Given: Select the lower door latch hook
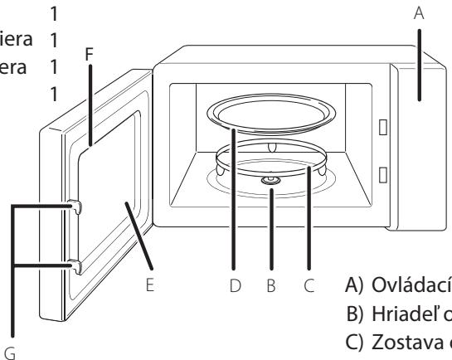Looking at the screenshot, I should (75, 265).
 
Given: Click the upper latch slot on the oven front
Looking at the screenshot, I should (382, 126).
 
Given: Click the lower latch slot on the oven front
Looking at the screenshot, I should (382, 174).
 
